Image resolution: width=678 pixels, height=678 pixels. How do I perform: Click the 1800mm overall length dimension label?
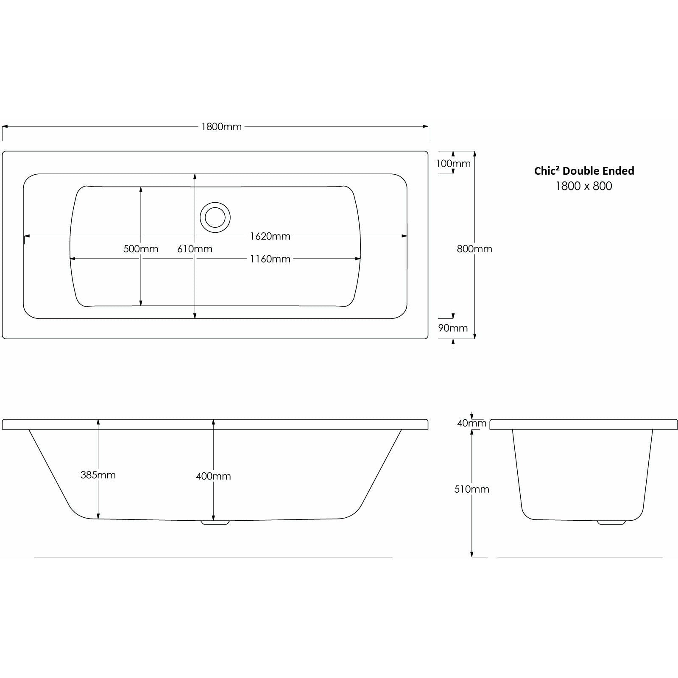pyautogui.click(x=221, y=127)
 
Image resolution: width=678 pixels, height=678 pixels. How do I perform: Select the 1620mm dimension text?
pyautogui.click(x=270, y=237)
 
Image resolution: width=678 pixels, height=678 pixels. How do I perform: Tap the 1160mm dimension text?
pyautogui.click(x=270, y=259)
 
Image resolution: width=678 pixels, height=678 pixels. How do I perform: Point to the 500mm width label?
pyautogui.click(x=141, y=249)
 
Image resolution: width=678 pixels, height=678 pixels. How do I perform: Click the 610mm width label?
pyautogui.click(x=195, y=249)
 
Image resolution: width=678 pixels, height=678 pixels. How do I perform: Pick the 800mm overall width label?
pyautogui.click(x=474, y=249)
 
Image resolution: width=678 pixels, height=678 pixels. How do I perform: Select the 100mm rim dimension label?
pyautogui.click(x=453, y=164)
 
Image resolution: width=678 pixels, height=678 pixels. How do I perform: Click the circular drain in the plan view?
pyautogui.click(x=215, y=218)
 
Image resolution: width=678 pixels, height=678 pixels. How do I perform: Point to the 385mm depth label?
pyautogui.click(x=98, y=475)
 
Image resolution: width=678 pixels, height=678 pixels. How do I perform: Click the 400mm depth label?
pyautogui.click(x=213, y=476)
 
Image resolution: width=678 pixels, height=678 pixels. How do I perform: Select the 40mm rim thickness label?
pyautogui.click(x=472, y=423)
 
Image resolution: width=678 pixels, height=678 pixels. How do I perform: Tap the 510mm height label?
pyautogui.click(x=472, y=489)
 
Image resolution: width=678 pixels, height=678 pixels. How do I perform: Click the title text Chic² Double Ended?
pyautogui.click(x=584, y=171)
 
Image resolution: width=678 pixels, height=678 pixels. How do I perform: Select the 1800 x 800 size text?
pyautogui.click(x=584, y=186)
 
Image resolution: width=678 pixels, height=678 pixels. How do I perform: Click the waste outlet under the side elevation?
pyautogui.click(x=215, y=522)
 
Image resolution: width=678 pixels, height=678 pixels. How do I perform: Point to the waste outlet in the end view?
pyautogui.click(x=611, y=522)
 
